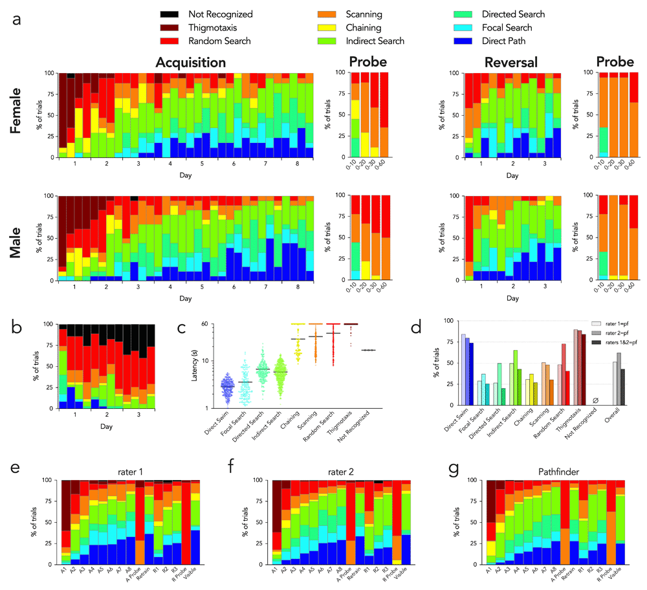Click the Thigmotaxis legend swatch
click(170, 28)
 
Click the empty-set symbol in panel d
click(595, 401)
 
